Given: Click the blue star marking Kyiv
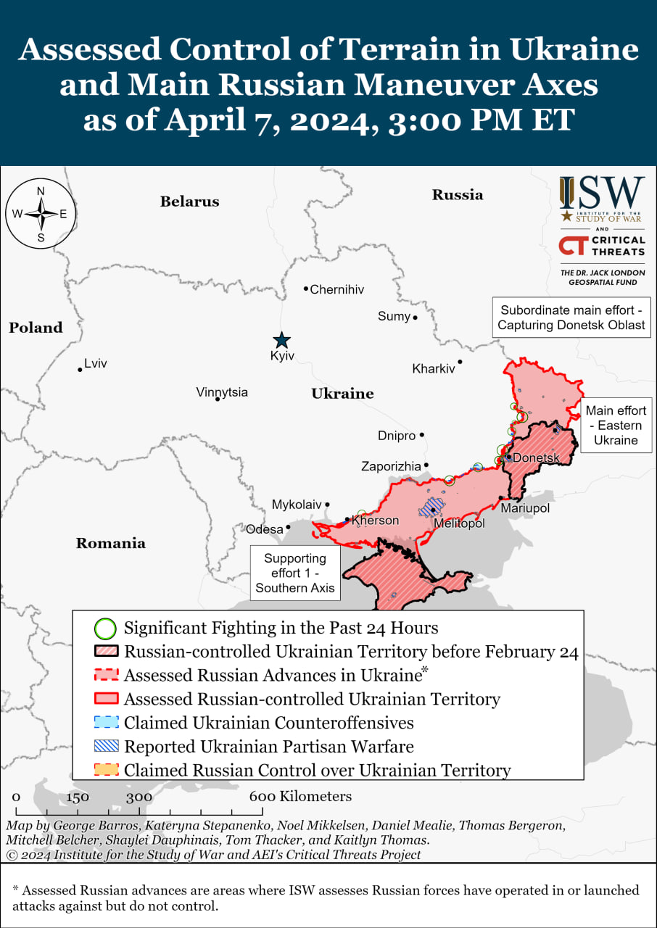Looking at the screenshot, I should tap(281, 340).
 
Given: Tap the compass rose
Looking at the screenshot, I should tap(41, 214).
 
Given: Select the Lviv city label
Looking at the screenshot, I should tap(95, 364).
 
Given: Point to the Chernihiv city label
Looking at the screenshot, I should tap(336, 290).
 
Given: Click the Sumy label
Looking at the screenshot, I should tap(394, 316).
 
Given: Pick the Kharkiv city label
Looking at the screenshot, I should tap(433, 368).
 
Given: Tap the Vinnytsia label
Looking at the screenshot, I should tap(222, 392).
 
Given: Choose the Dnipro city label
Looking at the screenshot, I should tap(397, 436).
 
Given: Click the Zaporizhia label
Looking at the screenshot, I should tap(391, 467).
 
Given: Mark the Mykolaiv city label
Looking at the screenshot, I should tap(296, 505).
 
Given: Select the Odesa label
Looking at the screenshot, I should tap(264, 529).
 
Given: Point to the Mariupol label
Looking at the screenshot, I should tap(525, 509).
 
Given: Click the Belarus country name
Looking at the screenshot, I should tap(189, 202).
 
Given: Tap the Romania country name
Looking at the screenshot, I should tap(110, 543).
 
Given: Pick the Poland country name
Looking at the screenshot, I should tap(36, 328).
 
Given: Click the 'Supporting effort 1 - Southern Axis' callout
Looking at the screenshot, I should tap(294, 573).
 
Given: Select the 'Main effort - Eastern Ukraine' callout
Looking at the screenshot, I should tap(616, 426).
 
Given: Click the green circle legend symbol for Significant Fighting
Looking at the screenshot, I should tap(106, 628).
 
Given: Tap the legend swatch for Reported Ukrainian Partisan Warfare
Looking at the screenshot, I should tap(106, 746).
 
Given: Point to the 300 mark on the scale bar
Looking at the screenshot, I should tap(139, 797).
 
